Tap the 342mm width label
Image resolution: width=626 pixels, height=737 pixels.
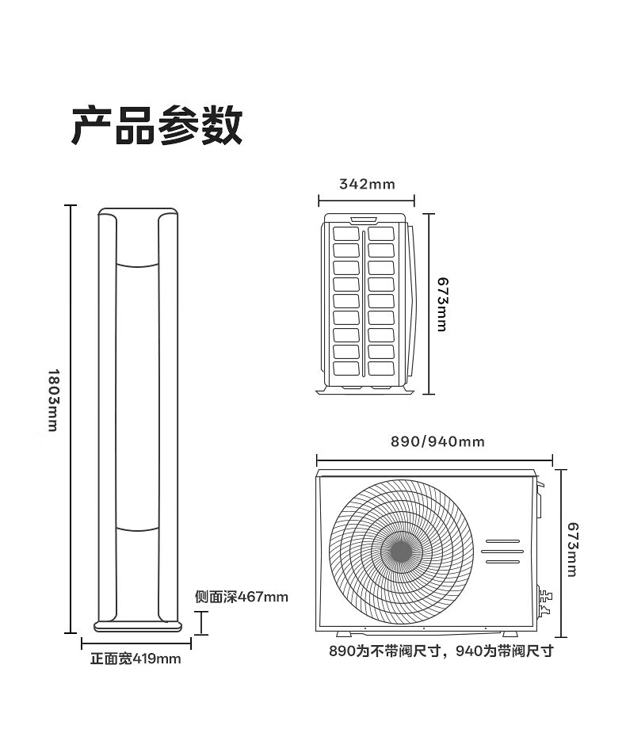[x=366, y=185]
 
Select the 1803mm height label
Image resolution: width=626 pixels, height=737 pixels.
[x=53, y=399]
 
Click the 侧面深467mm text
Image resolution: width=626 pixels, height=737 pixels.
[x=241, y=597]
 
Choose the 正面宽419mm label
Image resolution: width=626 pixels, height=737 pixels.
[x=136, y=659]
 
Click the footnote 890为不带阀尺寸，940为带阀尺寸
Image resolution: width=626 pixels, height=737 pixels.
[x=441, y=651]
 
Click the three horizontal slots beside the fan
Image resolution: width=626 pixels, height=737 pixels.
[x=502, y=552]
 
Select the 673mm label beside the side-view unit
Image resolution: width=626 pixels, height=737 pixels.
[x=441, y=304]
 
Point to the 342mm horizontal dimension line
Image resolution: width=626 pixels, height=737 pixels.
[x=366, y=200]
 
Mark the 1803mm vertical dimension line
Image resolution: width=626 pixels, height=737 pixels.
[x=71, y=418]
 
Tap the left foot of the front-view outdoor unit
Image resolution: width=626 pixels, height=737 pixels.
[x=346, y=634]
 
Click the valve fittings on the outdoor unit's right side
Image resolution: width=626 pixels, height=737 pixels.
[x=544, y=603]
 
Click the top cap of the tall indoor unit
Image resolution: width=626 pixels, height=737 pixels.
[x=138, y=212]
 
